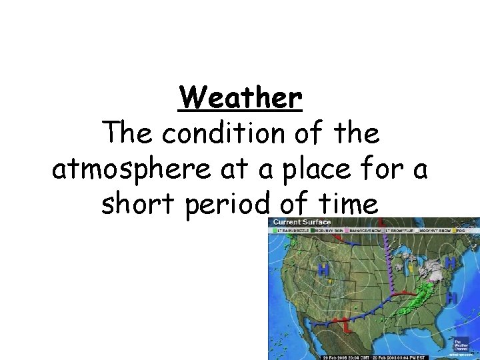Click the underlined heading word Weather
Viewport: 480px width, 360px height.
[240, 99]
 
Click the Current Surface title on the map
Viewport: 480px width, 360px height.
[301, 222]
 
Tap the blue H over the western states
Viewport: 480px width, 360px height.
[324, 270]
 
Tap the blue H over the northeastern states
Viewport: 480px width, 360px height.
[450, 263]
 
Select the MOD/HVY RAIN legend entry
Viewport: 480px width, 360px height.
[326, 230]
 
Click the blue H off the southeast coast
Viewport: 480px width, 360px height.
[452, 298]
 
